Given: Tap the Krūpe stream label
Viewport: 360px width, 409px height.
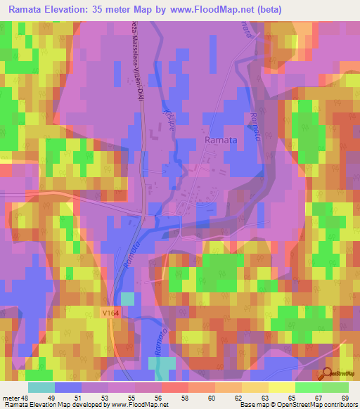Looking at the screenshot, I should point(168,119).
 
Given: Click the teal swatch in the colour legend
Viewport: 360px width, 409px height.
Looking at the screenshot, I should point(41,387).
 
